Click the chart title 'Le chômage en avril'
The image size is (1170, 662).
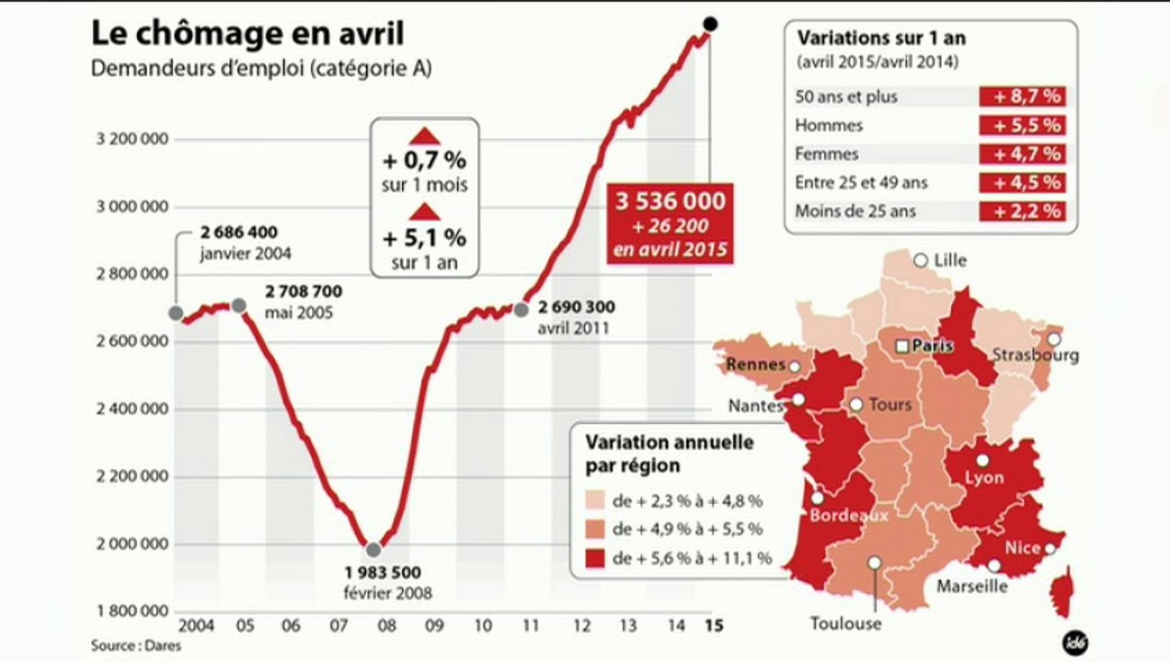tap(247, 33)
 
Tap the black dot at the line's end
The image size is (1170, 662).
tap(710, 23)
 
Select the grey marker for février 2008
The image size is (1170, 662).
tap(373, 550)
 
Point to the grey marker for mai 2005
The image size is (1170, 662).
tap(238, 305)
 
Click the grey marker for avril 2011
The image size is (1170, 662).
tap(522, 309)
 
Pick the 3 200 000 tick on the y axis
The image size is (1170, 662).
tap(132, 140)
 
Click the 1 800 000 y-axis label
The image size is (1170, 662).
tap(132, 611)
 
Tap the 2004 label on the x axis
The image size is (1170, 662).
tap(197, 626)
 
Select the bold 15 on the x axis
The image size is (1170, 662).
tap(712, 626)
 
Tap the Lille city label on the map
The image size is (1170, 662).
tap(950, 260)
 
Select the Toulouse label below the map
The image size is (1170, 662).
tap(845, 623)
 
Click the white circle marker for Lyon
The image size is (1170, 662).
tap(982, 461)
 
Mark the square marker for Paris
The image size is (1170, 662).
tap(902, 346)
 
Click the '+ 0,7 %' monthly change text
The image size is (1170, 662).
tap(424, 162)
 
